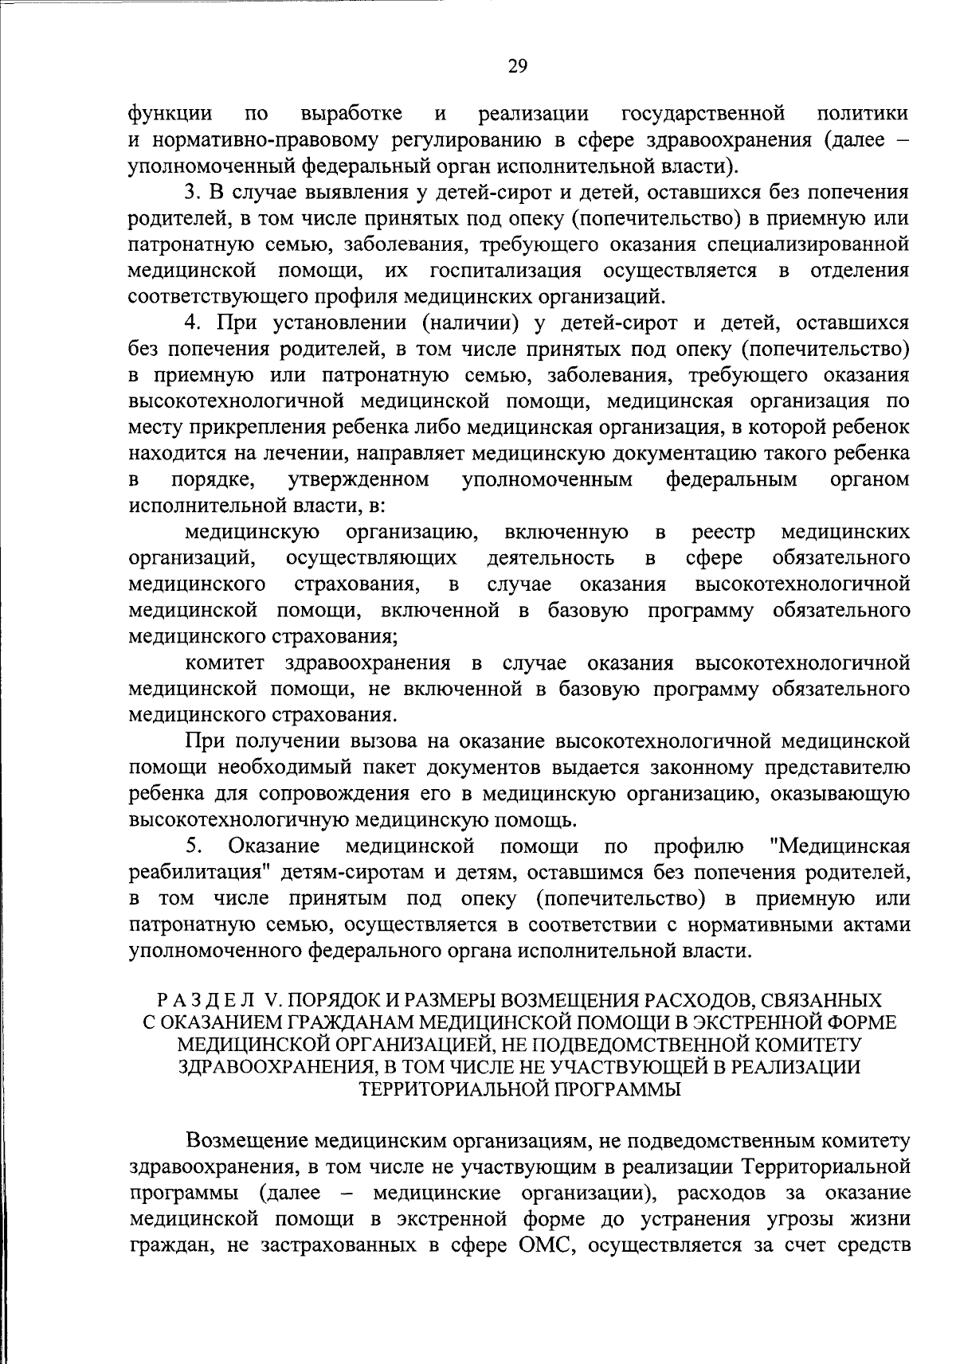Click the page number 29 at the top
(517, 66)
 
